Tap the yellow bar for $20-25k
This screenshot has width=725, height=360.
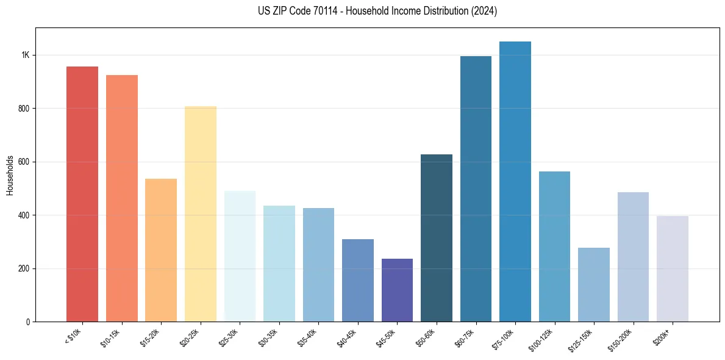click(x=201, y=214)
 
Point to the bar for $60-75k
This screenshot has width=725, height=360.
click(x=476, y=189)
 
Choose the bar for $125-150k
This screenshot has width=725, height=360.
click(x=594, y=284)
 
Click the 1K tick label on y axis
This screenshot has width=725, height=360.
click(x=25, y=55)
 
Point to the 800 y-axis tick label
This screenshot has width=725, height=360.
click(x=24, y=109)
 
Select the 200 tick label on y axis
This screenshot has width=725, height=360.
click(x=24, y=268)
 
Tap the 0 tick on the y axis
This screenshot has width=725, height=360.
click(x=27, y=322)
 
